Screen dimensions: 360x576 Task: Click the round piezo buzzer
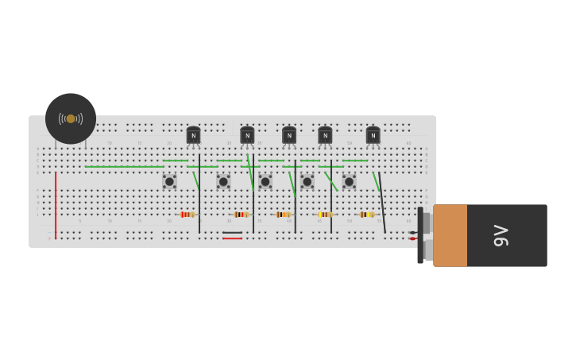[71, 118]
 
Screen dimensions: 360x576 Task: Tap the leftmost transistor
[193, 136]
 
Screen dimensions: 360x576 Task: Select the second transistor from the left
[247, 136]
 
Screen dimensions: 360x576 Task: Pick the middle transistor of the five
[289, 136]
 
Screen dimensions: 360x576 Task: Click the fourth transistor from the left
[325, 136]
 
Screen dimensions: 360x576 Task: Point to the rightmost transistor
[373, 136]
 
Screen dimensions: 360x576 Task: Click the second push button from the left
[223, 181]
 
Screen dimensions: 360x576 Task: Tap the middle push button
[265, 181]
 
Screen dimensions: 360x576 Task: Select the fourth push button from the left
[307, 181]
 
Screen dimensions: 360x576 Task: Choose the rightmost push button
[349, 181]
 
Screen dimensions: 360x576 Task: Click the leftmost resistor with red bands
[187, 215]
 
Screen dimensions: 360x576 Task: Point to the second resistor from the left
[241, 215]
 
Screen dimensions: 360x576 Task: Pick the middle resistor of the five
[283, 215]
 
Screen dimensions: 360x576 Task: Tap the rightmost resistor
[366, 215]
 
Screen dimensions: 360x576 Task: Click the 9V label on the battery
[501, 235]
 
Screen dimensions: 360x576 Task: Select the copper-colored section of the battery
[450, 235]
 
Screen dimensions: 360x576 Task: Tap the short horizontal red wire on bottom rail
[232, 238]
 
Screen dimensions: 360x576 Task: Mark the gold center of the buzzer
[71, 118]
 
